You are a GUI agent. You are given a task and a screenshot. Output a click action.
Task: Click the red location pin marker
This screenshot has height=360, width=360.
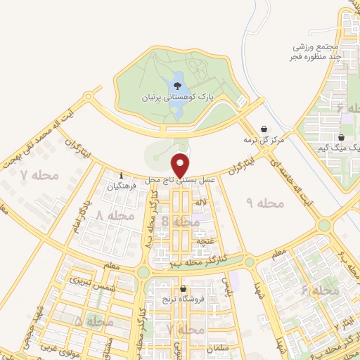(x=181, y=165)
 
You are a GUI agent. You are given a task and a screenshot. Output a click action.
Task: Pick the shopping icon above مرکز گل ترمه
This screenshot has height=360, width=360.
(x=264, y=129)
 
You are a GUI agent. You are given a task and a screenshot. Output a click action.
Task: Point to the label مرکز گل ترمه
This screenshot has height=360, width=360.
(x=264, y=140)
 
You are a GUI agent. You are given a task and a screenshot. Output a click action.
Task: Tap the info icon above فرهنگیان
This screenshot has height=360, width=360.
(x=122, y=176)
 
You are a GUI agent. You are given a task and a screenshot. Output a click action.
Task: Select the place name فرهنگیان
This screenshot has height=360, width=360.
(x=122, y=187)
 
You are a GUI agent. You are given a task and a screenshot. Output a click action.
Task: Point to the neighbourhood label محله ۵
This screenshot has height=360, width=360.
(x=92, y=321)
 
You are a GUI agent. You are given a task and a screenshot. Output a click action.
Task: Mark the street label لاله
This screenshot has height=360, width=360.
(x=202, y=202)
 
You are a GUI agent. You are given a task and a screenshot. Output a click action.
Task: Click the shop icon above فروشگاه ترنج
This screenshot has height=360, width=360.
(x=184, y=289)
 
